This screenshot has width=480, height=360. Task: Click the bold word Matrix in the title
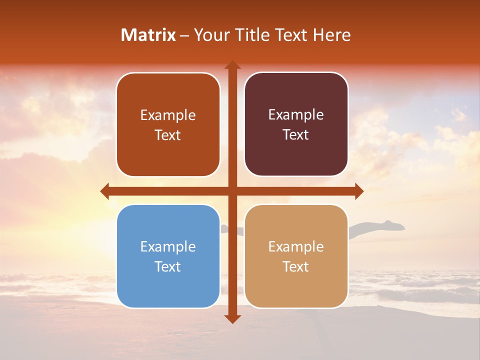[148, 35]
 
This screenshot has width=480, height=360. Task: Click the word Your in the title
[209, 35]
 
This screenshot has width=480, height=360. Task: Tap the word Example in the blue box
[168, 246]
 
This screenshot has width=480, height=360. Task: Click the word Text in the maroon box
[296, 135]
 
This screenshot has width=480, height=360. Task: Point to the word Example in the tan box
[296, 246]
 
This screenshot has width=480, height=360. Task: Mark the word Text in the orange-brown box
[168, 135]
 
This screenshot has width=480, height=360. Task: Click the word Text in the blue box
[168, 266]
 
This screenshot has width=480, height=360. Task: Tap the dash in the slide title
[184, 35]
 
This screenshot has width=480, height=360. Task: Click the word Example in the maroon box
[296, 115]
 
